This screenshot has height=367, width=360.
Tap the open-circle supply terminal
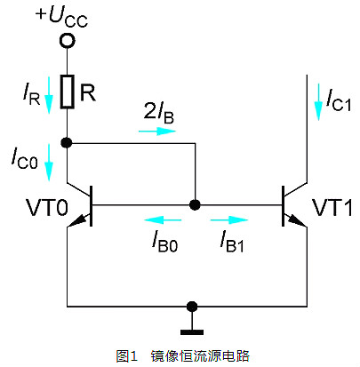[x=67, y=41]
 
